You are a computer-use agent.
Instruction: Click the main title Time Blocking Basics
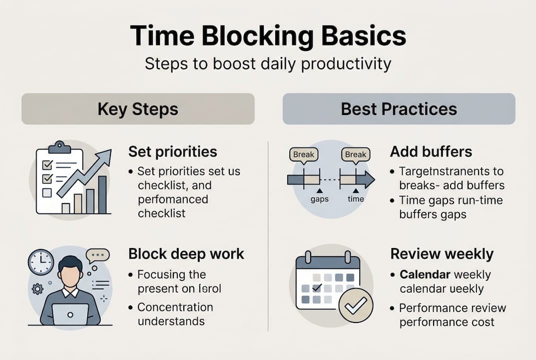[268, 36]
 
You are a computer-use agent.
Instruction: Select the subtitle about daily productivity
[268, 64]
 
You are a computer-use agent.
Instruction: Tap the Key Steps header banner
[138, 109]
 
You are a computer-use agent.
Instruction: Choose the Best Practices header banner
[399, 109]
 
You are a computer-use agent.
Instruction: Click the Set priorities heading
[172, 151]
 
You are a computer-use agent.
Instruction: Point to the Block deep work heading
[186, 253]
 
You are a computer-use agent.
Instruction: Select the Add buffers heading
[431, 151]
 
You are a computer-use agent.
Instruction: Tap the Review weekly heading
[442, 253]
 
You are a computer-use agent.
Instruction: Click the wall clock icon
[41, 262]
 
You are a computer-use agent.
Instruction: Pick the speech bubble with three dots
[97, 255]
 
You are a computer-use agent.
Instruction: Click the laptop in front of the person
[70, 314]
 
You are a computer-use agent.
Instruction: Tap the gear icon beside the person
[37, 288]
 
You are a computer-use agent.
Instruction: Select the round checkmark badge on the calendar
[355, 305]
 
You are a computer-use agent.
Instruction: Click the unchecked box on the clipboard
[47, 192]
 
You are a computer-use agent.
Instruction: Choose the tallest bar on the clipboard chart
[102, 194]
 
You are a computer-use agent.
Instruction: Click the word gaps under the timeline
[319, 199]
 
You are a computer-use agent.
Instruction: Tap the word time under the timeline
[356, 199]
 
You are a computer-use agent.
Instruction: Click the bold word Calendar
[425, 274]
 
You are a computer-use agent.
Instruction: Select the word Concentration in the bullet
[175, 307]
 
